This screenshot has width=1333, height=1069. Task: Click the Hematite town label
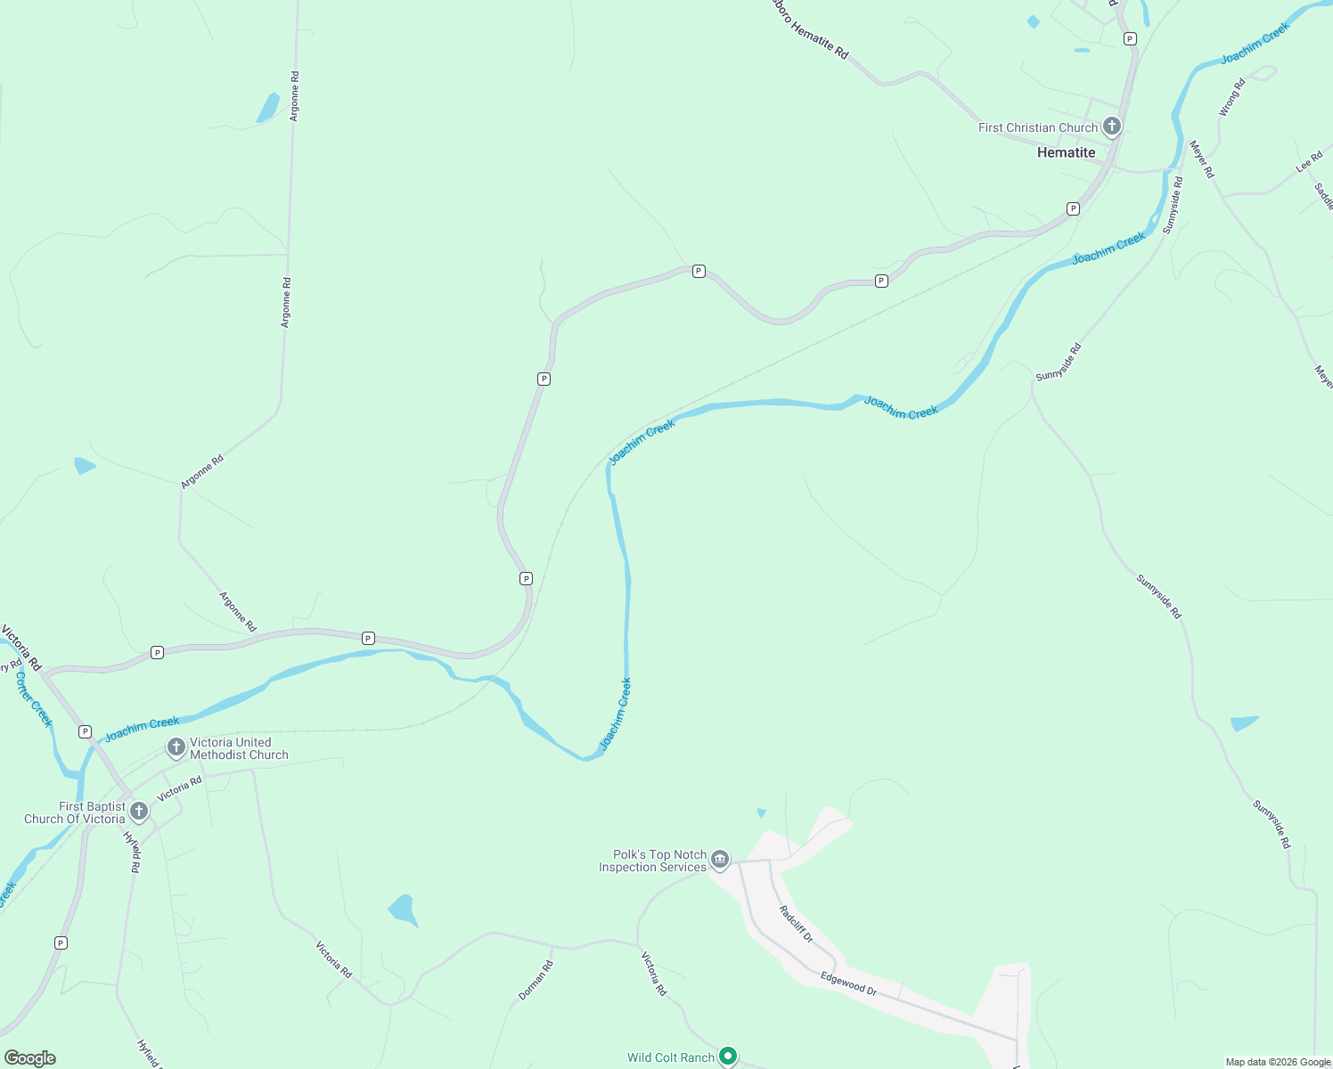point(1066,152)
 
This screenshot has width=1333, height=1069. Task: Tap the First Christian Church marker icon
point(1111,126)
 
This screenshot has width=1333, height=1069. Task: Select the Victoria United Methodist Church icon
point(176,747)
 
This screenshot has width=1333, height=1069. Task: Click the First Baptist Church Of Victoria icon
point(138,812)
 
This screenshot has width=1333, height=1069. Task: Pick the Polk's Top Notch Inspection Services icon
point(720,860)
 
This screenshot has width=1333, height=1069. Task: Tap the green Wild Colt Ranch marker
point(728,1056)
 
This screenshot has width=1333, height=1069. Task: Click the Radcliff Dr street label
point(796,924)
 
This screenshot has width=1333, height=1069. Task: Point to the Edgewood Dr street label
point(848,983)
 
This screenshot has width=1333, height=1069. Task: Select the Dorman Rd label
point(536,980)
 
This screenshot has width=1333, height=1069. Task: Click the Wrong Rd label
point(1231,98)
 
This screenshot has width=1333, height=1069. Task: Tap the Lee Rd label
point(1309,162)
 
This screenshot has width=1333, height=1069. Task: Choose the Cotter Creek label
point(35,699)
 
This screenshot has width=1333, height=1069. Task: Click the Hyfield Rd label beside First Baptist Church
point(132,853)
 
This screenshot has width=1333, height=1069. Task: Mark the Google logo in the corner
point(30,1058)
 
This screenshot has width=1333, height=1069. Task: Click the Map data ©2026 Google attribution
point(1278,1062)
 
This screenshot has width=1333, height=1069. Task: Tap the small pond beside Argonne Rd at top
point(267,108)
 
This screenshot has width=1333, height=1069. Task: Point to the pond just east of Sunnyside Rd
point(1244,722)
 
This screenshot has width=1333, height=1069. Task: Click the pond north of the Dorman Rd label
point(403,910)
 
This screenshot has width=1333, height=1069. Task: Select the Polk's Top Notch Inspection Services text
point(652,861)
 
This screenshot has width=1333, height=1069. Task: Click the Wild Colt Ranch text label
point(670,1057)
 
